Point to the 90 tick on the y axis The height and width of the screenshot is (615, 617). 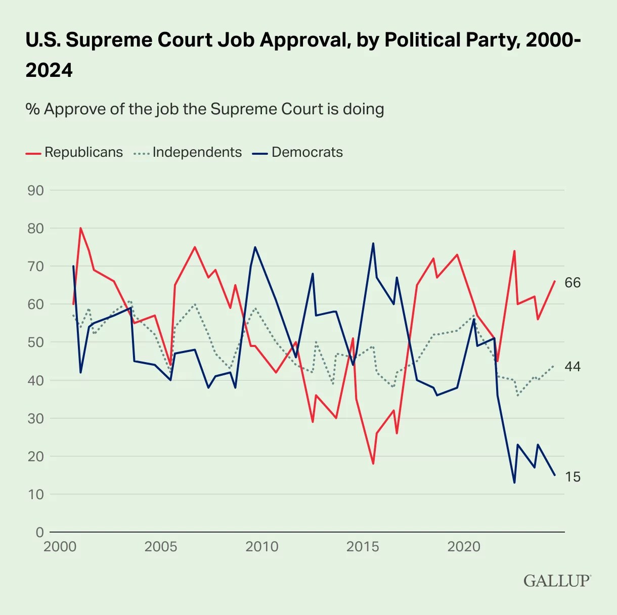(x=35, y=191)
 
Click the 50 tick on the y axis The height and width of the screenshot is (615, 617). (x=35, y=342)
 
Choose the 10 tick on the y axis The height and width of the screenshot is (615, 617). (x=35, y=494)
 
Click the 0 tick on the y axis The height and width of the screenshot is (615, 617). (x=39, y=532)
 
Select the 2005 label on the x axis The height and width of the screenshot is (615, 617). (x=161, y=547)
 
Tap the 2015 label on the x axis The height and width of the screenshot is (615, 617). (x=363, y=547)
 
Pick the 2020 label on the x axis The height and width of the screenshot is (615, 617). (x=464, y=547)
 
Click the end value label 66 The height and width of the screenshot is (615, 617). (x=572, y=283)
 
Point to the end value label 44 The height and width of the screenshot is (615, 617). (x=572, y=367)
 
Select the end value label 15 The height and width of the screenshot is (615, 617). (x=572, y=477)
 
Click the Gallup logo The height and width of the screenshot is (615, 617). (x=557, y=581)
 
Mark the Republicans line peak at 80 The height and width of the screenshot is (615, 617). (x=80, y=228)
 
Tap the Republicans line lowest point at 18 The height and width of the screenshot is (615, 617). (x=373, y=464)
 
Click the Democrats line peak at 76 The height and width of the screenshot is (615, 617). (x=373, y=243)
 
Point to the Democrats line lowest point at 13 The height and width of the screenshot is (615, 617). (x=514, y=482)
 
